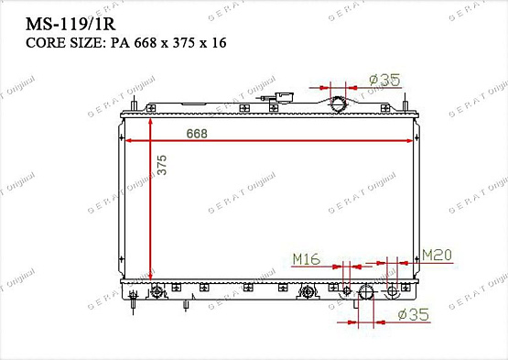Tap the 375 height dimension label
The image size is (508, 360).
pos(162,166)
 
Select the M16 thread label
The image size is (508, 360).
pos(305,260)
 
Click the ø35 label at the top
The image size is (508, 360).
pos(385,81)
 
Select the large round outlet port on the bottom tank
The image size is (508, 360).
pos(366,293)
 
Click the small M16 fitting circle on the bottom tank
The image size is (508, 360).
pos(345,290)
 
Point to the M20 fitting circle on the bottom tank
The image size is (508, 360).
pos(395,290)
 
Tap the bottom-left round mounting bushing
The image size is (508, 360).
pos(157,292)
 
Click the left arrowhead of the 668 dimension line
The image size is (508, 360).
pos(128,141)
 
